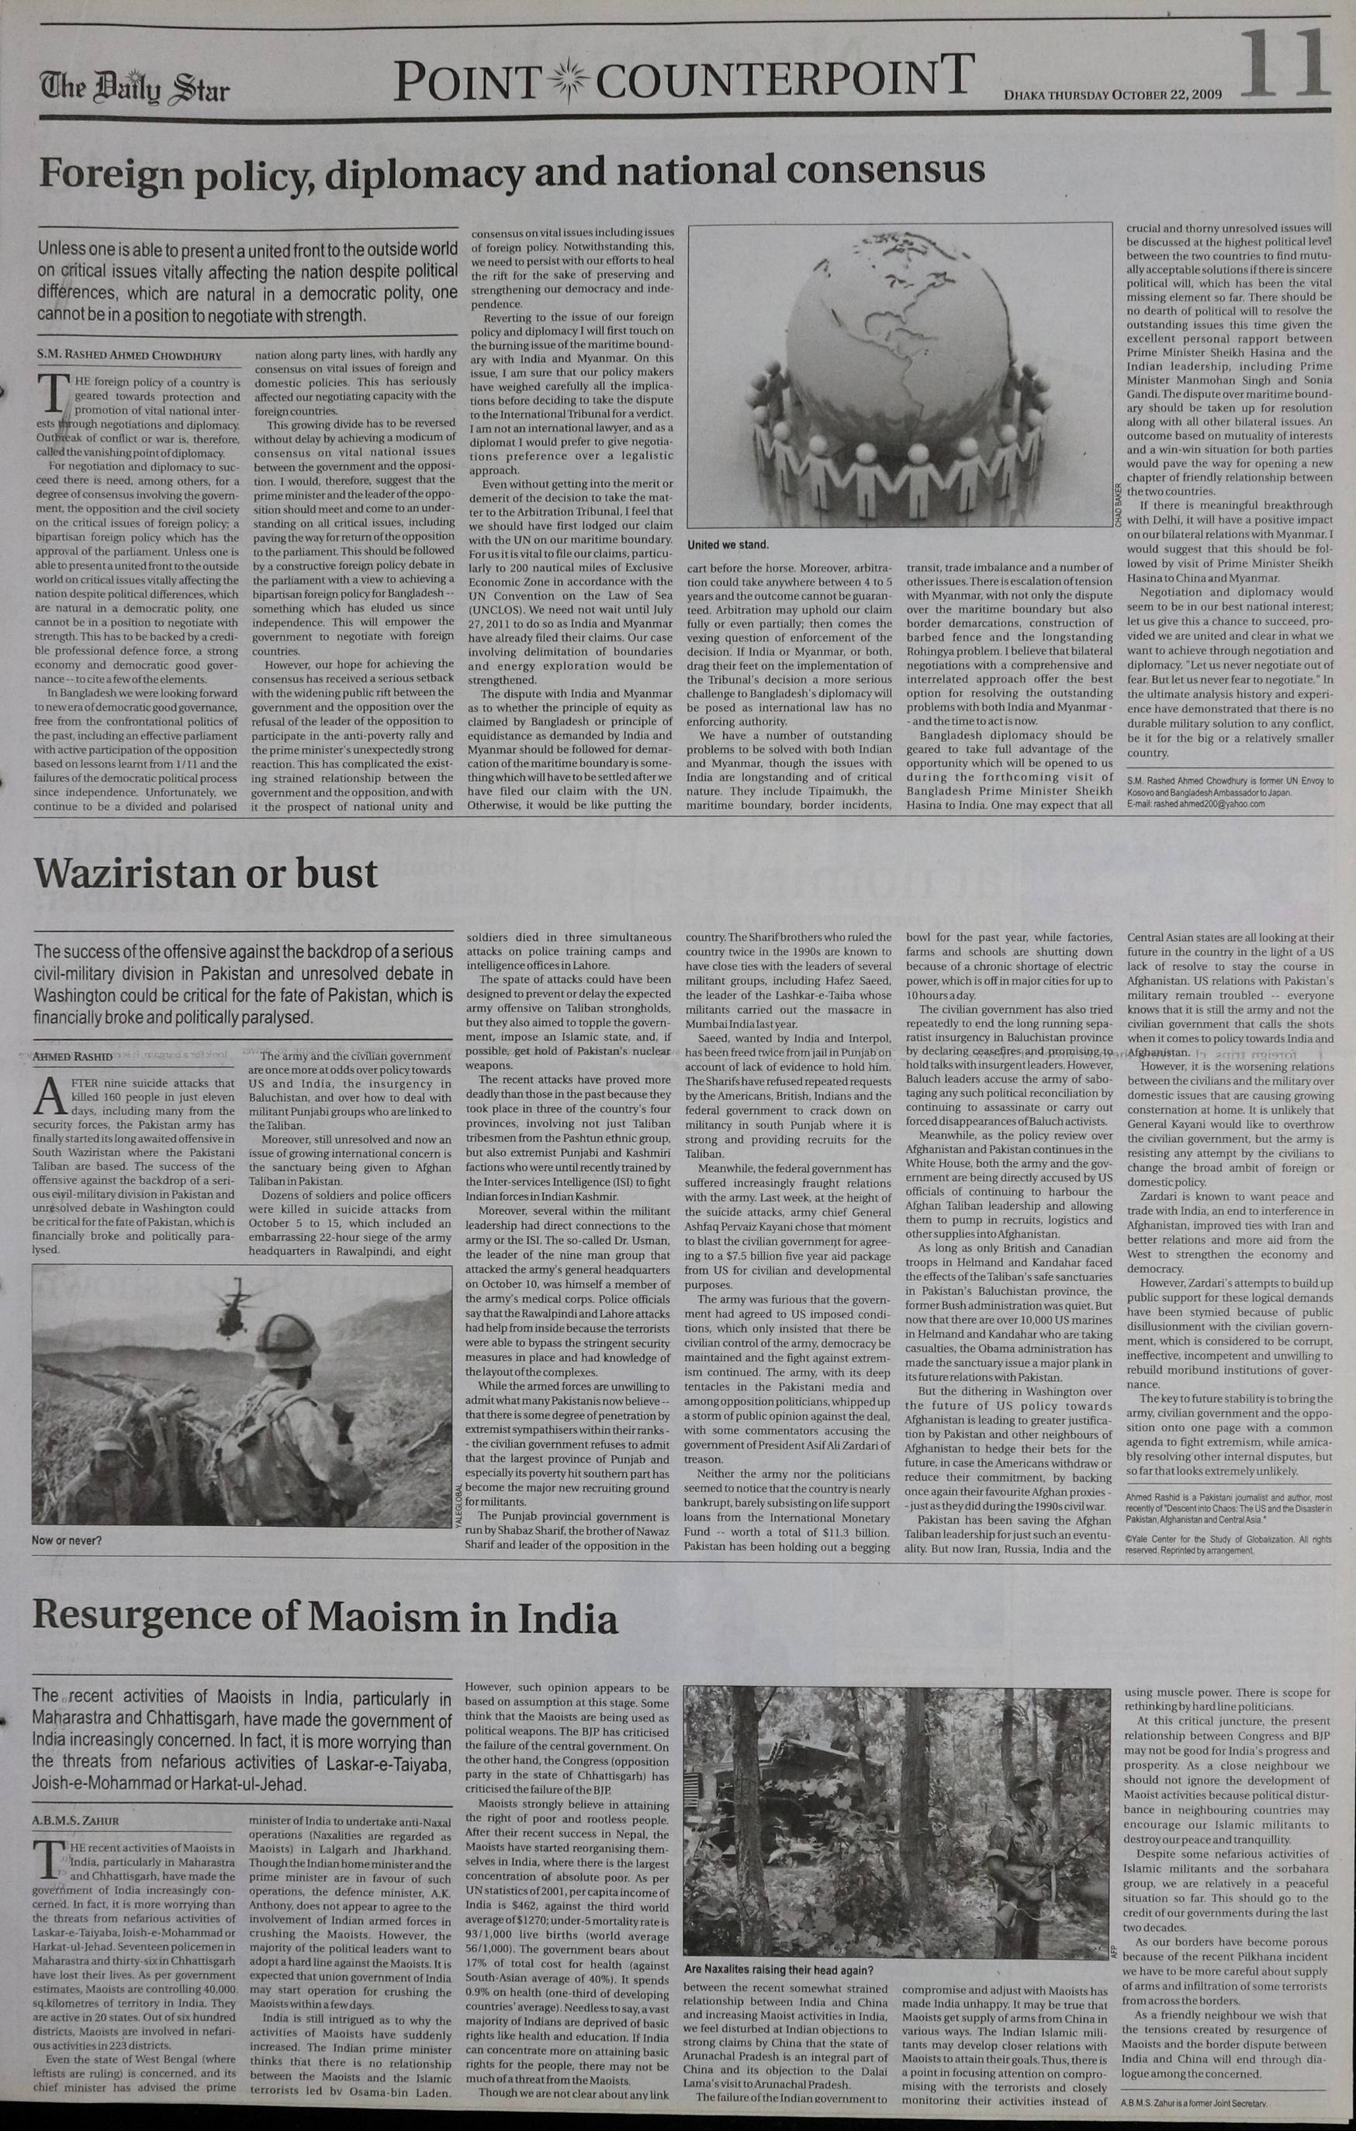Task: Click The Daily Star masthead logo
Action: pyautogui.click(x=133, y=90)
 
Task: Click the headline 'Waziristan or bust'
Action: pyautogui.click(x=206, y=875)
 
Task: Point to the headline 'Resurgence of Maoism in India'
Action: pyautogui.click(x=325, y=1618)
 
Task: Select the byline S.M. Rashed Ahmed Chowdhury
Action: pyautogui.click(x=128, y=357)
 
